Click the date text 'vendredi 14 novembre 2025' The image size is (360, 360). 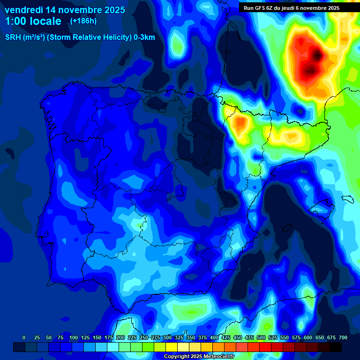coord(65,10)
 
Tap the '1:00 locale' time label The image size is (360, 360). coord(33,22)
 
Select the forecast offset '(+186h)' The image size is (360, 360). coord(83,21)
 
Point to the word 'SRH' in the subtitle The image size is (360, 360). coord(13,37)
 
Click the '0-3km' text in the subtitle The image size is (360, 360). coord(144,37)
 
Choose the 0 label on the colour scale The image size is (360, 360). coord(24,337)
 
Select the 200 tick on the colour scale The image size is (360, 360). coord(120,337)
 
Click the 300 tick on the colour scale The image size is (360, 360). coord(167,337)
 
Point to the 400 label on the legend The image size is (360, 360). coord(214,337)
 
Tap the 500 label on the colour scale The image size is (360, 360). coord(261,337)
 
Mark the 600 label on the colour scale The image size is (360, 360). coord(308,337)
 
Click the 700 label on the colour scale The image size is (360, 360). coord(343,337)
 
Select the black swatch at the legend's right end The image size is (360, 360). coord(336,347)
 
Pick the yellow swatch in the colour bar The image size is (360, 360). coord(172,347)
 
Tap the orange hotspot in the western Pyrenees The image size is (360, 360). coord(241,123)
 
